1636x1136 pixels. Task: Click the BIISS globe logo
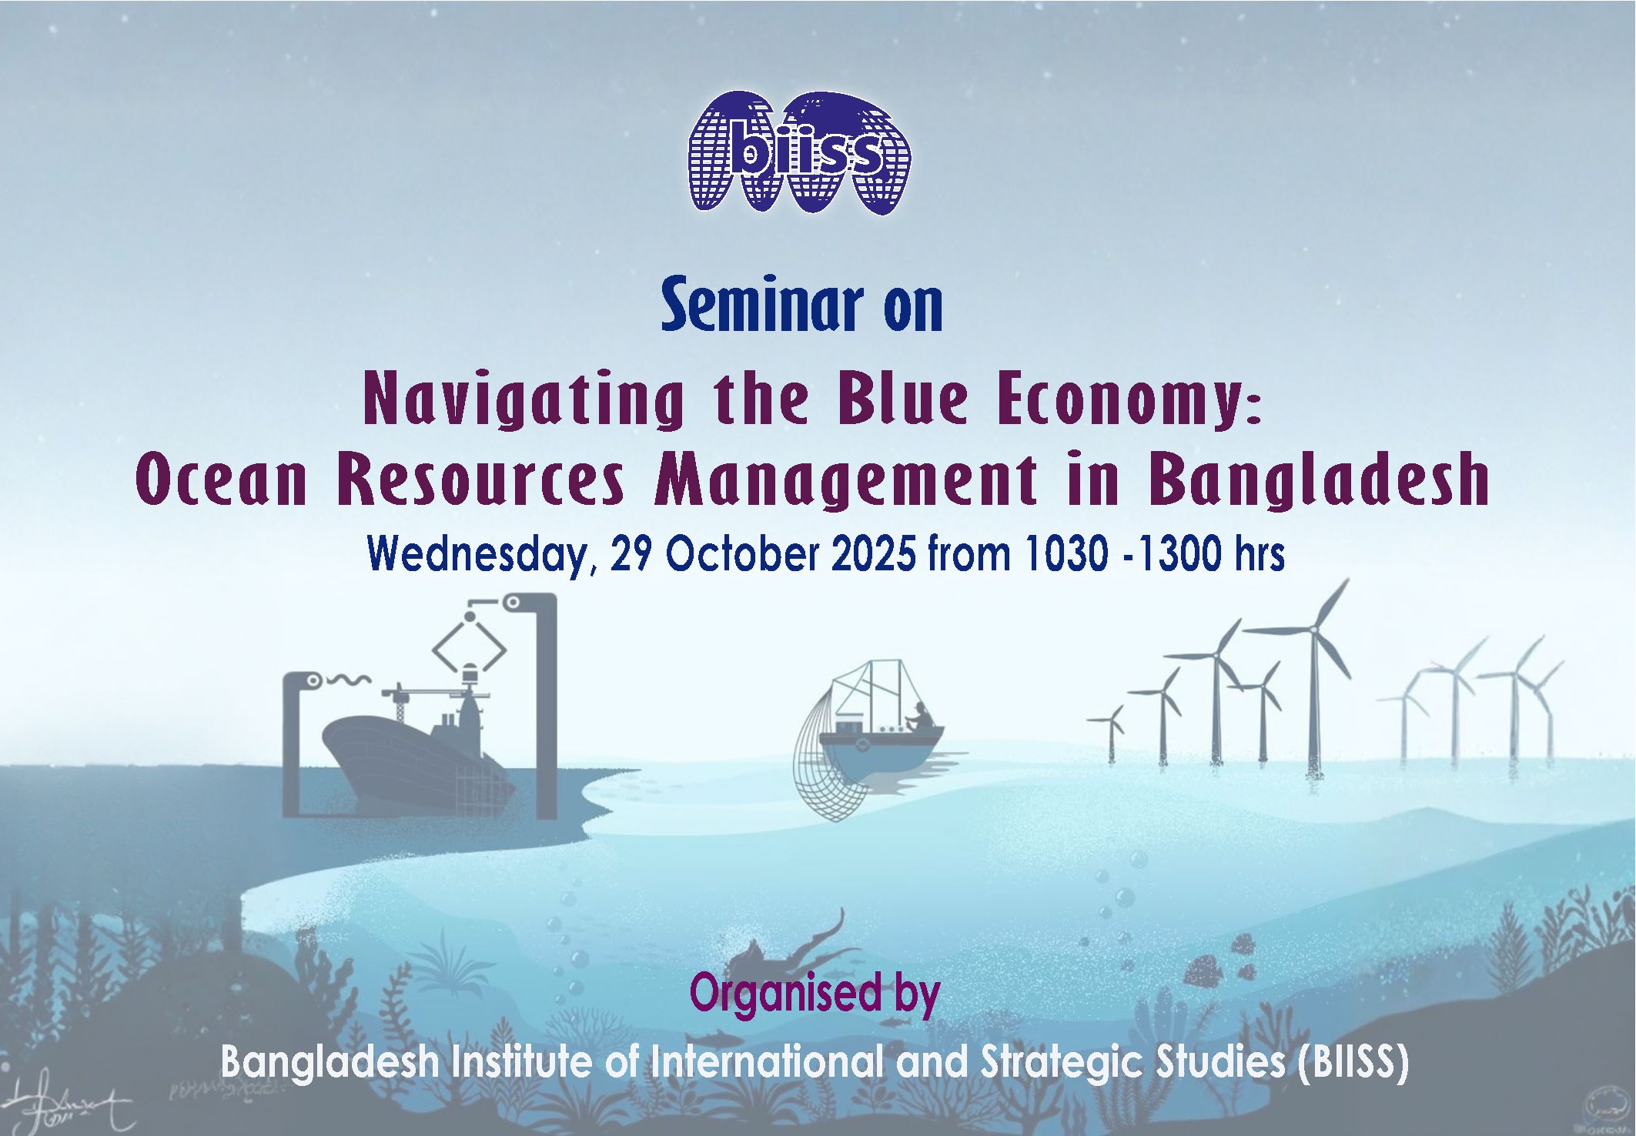799,154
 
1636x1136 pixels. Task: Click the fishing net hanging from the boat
824,777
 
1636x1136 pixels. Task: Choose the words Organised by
815,993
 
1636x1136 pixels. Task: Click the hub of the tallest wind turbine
1313,630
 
